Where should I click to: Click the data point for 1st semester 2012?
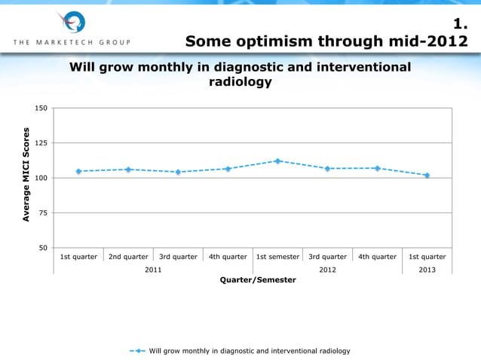[x=277, y=161]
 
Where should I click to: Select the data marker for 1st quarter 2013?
[x=427, y=175]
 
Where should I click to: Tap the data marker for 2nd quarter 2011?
[x=128, y=169]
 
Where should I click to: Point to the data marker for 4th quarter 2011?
[x=228, y=169]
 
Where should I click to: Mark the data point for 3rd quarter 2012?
[x=327, y=169]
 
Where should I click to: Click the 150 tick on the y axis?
[x=41, y=108]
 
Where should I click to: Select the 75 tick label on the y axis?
[x=42, y=213]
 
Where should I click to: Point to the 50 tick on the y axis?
[x=42, y=248]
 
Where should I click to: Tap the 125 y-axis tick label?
[x=41, y=143]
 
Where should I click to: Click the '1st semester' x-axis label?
[x=277, y=257]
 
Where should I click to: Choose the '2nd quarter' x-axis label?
[x=128, y=257]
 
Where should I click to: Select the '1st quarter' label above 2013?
[x=427, y=257]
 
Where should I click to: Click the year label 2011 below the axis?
[x=153, y=269]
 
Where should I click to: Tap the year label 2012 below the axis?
[x=327, y=269]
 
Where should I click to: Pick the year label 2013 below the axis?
[x=427, y=269]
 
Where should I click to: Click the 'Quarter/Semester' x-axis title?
[x=258, y=280]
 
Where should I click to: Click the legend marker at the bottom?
[x=139, y=351]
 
